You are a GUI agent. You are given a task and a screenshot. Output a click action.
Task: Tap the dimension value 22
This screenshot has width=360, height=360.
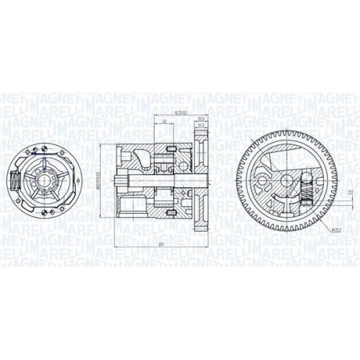click(165, 122)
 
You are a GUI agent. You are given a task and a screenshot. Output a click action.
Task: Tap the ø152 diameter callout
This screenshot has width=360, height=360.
click(337, 230)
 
